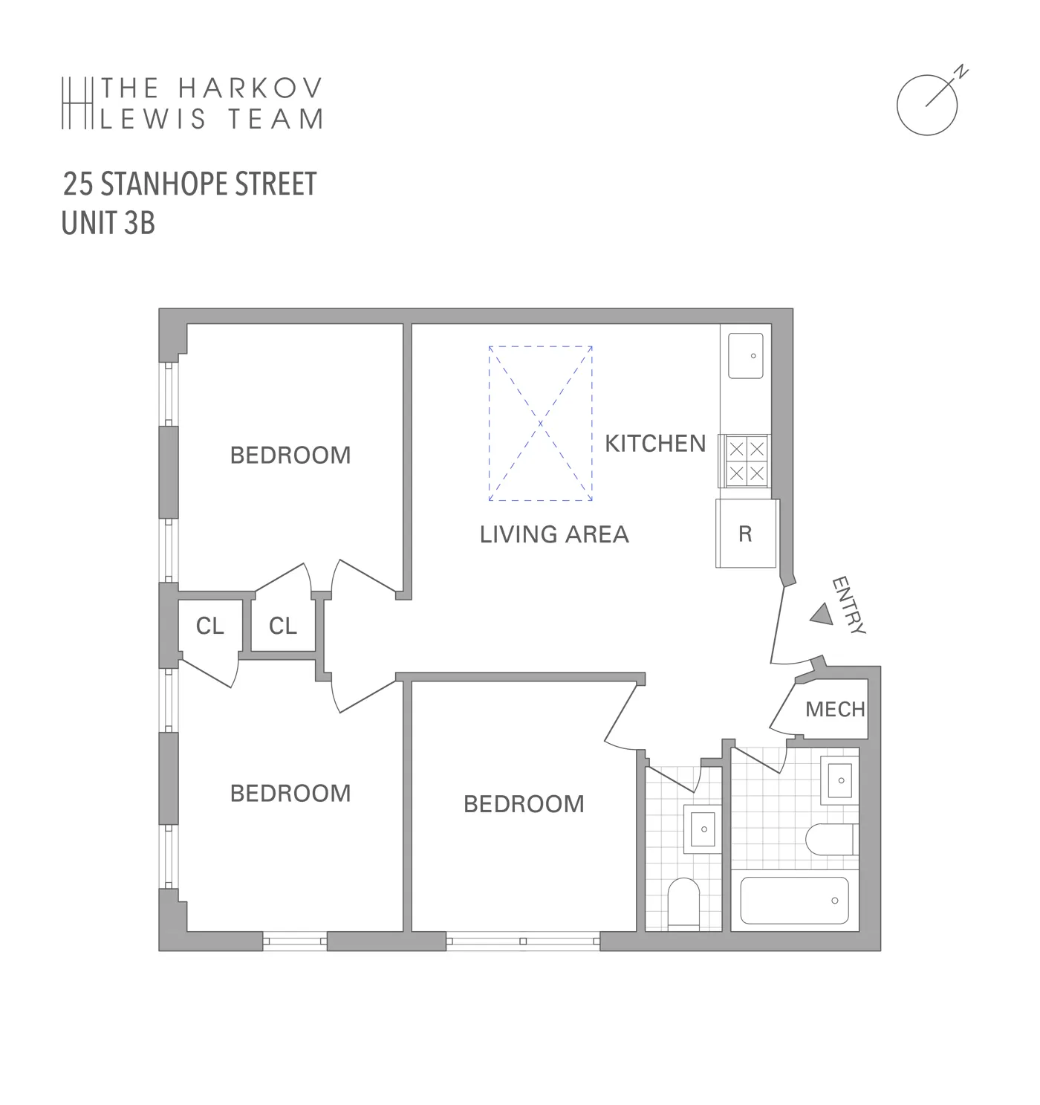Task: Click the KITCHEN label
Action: click(655, 444)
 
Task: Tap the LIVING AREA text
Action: click(554, 534)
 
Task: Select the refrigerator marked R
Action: click(746, 534)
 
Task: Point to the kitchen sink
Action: click(746, 356)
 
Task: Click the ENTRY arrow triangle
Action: click(821, 614)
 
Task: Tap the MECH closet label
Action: click(835, 710)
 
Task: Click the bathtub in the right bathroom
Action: click(794, 901)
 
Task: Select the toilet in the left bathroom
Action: click(683, 902)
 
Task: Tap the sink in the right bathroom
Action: click(840, 780)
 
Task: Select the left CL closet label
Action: click(209, 626)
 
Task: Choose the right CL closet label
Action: click(282, 626)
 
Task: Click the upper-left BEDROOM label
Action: click(290, 455)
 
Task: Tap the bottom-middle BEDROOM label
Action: click(524, 804)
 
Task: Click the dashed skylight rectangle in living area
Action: click(540, 423)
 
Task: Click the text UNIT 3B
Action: click(108, 223)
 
